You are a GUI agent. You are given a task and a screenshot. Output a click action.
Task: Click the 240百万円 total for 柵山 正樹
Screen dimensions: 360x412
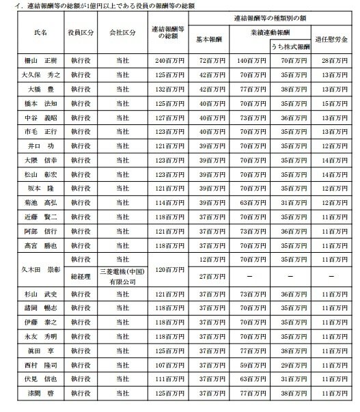point(169,61)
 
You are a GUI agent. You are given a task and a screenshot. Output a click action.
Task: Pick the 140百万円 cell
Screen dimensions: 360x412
point(250,61)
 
